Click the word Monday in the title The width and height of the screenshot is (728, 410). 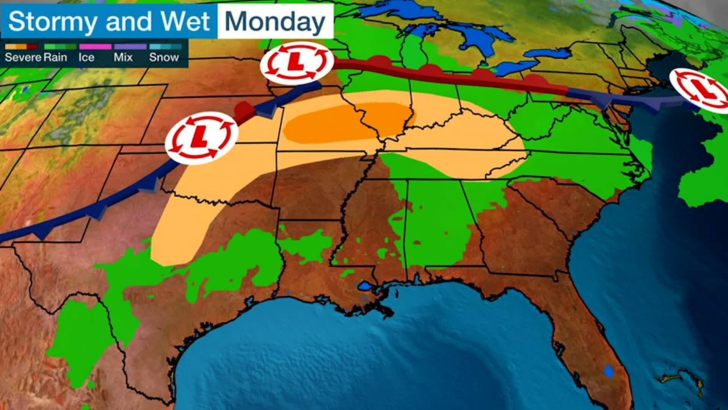pos(275,21)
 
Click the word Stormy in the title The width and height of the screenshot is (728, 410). pos(52,21)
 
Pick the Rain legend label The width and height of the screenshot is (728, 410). pos(55,57)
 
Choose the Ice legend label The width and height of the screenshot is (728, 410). pos(86,57)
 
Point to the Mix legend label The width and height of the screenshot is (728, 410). pos(123,57)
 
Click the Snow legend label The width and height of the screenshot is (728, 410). pos(164,57)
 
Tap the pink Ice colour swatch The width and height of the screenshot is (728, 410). pos(95,47)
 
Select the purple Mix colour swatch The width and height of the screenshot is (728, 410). pos(130,47)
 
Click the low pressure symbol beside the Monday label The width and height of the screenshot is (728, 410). pos(296,63)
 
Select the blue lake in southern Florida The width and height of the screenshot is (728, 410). pos(609,371)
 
